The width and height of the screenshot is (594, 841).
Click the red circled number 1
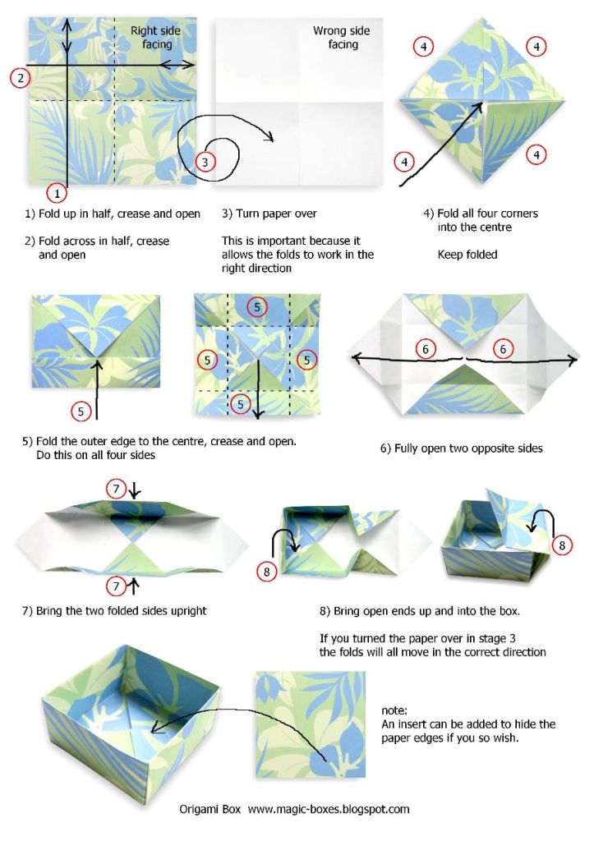click(x=56, y=194)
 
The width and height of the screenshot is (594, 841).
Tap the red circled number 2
click(x=21, y=78)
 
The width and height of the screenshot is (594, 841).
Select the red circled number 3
click(x=206, y=161)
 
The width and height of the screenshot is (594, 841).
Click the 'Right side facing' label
click(x=155, y=38)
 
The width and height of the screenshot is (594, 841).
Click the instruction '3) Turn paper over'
click(x=269, y=214)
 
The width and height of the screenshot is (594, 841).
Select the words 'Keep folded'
click(x=467, y=255)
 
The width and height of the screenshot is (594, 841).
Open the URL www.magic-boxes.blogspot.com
click(x=329, y=809)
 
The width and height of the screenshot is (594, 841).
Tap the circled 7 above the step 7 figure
click(x=117, y=489)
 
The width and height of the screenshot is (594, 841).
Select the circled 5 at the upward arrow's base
click(x=81, y=410)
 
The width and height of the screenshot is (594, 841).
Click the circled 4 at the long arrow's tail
click(x=404, y=162)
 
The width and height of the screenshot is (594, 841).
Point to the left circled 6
click(x=425, y=349)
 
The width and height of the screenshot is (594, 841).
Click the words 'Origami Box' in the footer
click(x=210, y=809)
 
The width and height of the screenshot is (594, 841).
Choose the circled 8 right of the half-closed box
click(x=562, y=545)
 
